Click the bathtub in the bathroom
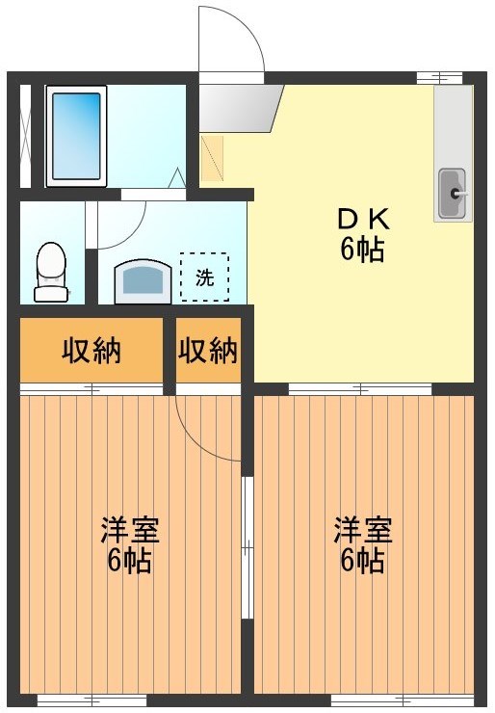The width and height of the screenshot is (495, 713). [x=75, y=136]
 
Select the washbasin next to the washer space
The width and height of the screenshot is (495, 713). [x=143, y=282]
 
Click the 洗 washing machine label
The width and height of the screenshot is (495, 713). [x=204, y=277]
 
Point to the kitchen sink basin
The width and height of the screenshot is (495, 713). [x=451, y=193]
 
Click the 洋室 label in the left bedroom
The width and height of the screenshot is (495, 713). [x=130, y=530]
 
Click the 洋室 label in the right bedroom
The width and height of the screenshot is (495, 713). [x=363, y=530]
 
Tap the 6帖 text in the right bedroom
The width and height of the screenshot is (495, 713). [x=363, y=560]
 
